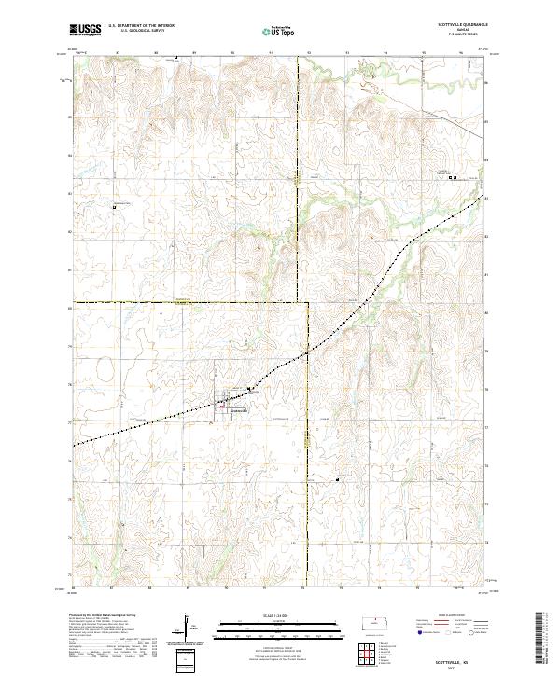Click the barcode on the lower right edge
[x=539, y=639]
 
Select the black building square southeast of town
[x=337, y=479]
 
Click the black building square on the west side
[x=116, y=206]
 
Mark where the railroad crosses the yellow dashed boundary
[x=308, y=353]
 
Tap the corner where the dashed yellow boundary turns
[x=308, y=303]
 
